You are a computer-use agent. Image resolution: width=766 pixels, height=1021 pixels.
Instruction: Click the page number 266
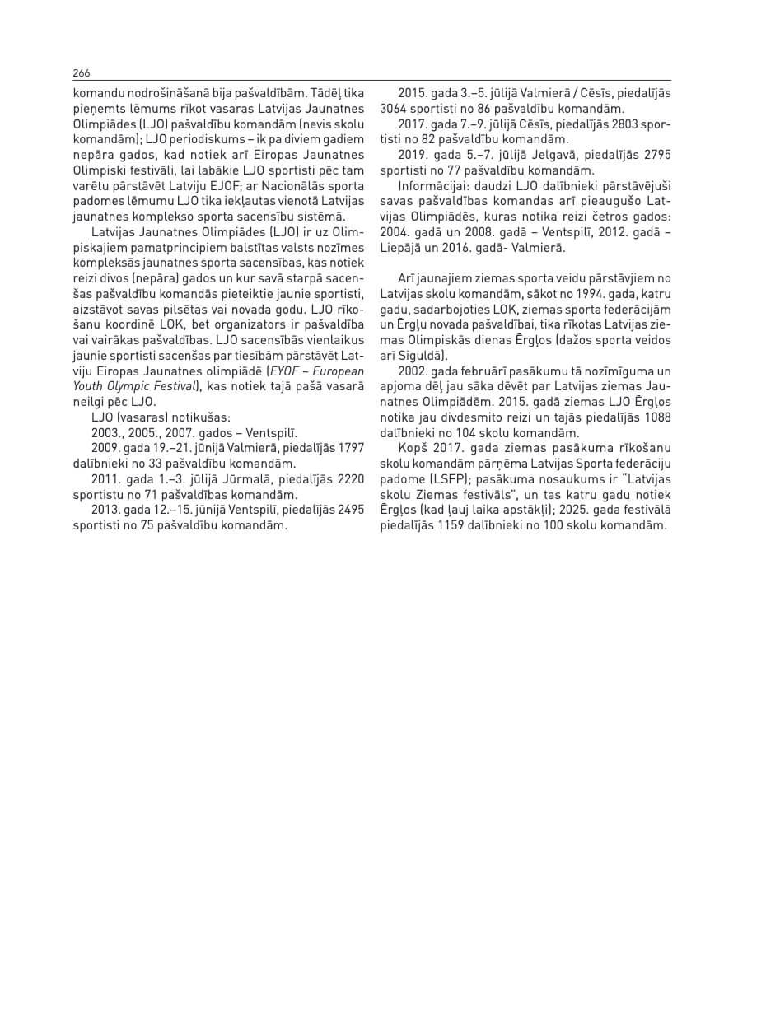(82, 72)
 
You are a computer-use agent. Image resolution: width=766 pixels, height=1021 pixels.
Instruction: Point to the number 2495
(351, 510)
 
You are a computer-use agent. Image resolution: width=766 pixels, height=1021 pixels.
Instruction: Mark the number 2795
(657, 155)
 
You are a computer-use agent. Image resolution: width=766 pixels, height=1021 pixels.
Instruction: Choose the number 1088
(657, 417)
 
